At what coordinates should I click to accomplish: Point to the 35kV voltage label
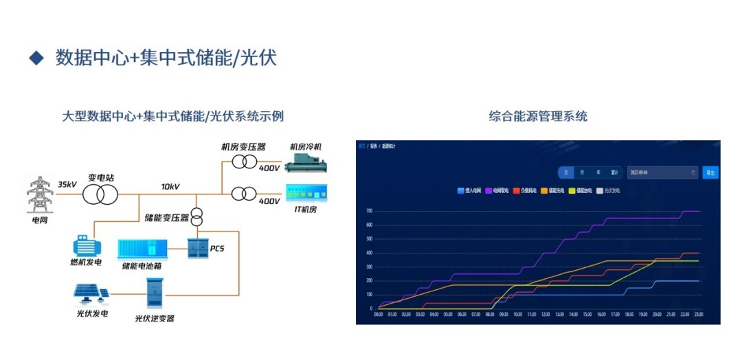67,185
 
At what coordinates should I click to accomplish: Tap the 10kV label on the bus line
170,186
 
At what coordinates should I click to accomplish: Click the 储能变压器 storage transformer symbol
196,216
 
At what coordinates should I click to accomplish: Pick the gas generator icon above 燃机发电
87,245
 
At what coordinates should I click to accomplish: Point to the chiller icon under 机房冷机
306,162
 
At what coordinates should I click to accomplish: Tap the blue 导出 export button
710,172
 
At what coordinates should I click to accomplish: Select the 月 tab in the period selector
583,172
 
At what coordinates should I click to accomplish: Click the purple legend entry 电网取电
497,190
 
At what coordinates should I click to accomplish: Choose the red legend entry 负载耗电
525,190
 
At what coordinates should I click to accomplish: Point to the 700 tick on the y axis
369,211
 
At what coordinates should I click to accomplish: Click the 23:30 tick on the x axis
699,315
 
